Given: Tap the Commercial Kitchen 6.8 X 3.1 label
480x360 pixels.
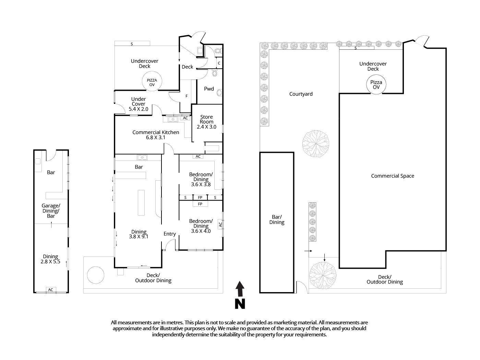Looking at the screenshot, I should (156, 135).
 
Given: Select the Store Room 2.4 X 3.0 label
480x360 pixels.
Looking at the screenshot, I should (206, 122).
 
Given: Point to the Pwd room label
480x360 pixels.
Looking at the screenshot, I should (209, 89).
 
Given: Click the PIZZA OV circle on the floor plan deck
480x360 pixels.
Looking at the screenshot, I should (152, 82).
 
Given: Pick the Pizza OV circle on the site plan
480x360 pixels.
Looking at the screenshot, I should (376, 84).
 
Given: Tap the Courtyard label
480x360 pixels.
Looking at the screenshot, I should (301, 94).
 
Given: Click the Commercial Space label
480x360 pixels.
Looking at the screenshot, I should (393, 176).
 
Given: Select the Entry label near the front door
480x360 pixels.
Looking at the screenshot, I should (169, 234).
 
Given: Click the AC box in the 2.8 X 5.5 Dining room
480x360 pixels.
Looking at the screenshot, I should (51, 290).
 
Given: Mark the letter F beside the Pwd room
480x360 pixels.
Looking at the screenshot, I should (187, 96).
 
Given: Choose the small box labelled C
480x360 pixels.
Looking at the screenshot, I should (219, 63).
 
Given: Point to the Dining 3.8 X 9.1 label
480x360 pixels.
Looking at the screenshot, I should (139, 234).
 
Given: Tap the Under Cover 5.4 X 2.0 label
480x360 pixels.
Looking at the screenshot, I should (139, 104).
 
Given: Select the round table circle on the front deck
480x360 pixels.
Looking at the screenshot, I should (95, 275).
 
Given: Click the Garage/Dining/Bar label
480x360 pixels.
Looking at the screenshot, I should (51, 211).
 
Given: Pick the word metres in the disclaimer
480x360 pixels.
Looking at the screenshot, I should (175, 323).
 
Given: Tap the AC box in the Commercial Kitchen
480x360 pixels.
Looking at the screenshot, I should (185, 118).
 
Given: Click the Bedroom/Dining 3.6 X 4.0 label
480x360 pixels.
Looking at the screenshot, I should (201, 226).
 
